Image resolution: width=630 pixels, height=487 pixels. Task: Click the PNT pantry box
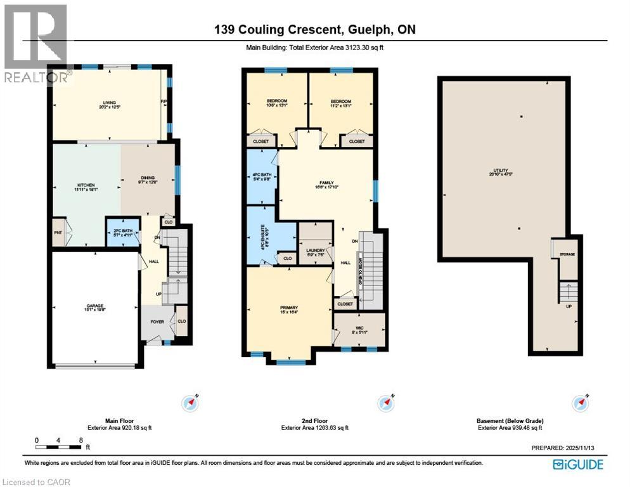58,233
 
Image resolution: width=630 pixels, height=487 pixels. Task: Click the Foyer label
157,322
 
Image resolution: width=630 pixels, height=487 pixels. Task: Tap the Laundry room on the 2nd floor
316,251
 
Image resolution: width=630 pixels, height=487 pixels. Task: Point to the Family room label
326,181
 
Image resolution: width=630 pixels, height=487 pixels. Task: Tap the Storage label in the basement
567,254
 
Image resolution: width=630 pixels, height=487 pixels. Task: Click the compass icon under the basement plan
577,402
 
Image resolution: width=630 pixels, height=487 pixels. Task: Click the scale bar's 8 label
81,439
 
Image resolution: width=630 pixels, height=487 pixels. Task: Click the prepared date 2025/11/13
590,448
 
